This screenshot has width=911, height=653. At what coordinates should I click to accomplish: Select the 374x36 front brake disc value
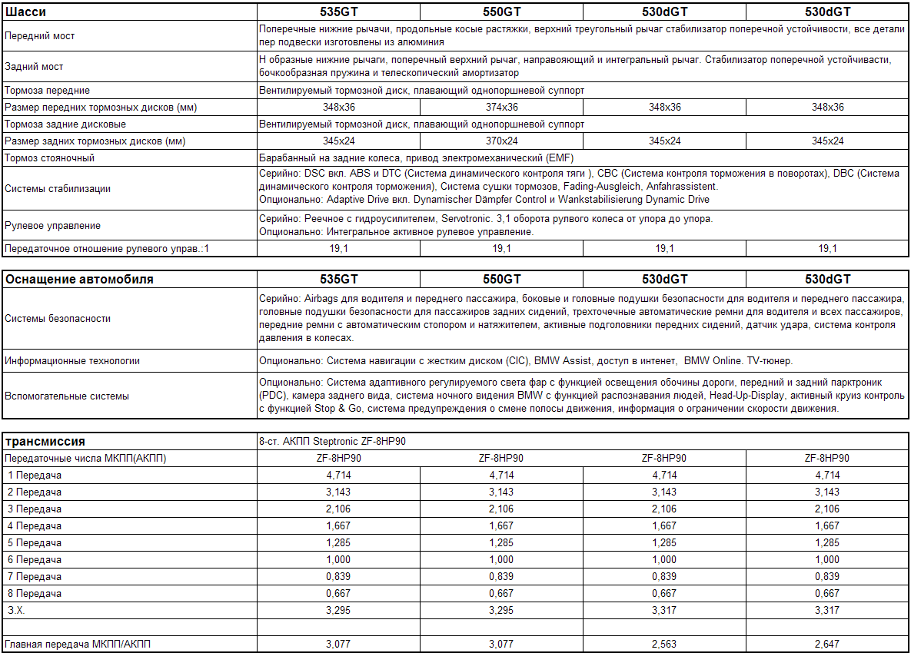(501, 108)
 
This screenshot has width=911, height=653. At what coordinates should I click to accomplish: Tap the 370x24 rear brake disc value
(501, 141)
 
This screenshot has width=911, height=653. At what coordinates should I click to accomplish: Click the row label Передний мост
(40, 36)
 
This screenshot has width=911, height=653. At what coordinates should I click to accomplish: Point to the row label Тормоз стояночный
(49, 158)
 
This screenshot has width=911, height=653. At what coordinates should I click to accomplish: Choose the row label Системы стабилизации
(58, 188)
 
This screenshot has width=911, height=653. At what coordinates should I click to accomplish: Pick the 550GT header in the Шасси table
(501, 12)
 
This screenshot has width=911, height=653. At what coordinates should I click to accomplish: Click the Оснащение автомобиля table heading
(79, 280)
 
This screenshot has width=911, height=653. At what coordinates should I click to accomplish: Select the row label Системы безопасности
(58, 319)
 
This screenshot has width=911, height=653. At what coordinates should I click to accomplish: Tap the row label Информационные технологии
(72, 361)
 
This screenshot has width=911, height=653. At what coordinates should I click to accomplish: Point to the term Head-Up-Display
(745, 396)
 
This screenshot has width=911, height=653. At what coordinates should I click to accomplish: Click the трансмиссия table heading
(45, 442)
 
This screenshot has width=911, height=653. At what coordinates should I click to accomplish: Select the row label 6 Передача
(35, 560)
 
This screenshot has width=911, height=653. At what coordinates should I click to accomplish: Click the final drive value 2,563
(664, 644)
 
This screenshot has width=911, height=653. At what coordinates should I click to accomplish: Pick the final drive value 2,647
(827, 644)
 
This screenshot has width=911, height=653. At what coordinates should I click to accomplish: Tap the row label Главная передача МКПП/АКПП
(78, 644)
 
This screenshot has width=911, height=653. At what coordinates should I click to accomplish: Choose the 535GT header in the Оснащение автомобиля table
(339, 280)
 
